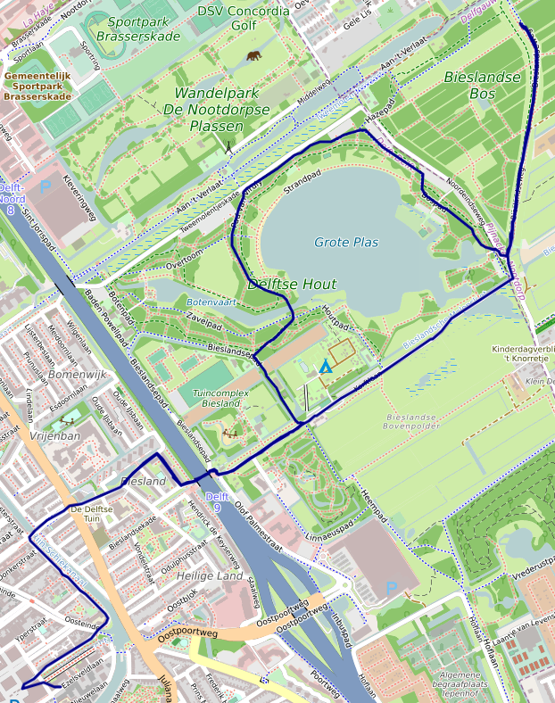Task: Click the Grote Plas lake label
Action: pos(346,243)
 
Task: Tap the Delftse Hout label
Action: pos(292,285)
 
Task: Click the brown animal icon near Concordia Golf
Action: pos(254,56)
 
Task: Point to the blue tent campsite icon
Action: pos(326,366)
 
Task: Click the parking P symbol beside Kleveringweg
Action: pos(45,187)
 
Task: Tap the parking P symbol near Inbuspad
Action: pos(391,589)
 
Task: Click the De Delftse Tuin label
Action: pos(86,513)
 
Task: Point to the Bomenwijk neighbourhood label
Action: pos(78,375)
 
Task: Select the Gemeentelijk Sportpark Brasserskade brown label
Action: pos(37,87)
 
